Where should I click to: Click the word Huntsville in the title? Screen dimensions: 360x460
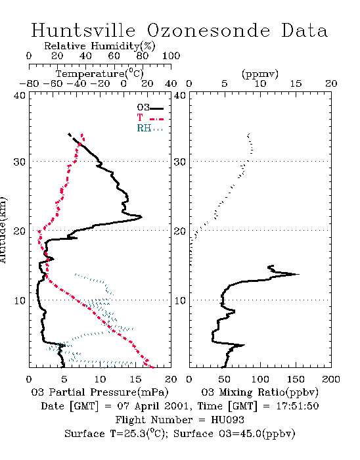coord(83,30)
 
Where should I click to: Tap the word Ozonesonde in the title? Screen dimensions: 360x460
coord(208,30)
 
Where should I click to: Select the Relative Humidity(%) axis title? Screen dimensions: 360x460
coord(100,46)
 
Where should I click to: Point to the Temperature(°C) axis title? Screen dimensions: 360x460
coord(100,74)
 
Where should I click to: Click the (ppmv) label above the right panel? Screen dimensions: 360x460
coord(260,74)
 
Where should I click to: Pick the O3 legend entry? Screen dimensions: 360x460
coord(150,108)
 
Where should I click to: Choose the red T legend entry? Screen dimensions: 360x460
coord(150,118)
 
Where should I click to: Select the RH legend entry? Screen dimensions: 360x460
coord(150,128)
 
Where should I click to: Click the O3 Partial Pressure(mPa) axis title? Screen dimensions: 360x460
coord(100,392)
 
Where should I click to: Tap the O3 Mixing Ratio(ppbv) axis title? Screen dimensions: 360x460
coord(259,392)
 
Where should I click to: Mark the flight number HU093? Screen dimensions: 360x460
coord(228,420)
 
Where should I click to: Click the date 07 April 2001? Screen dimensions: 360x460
coord(152,406)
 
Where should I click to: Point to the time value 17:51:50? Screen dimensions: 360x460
coord(298,406)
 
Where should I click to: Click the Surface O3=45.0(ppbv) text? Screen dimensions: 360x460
coord(235,434)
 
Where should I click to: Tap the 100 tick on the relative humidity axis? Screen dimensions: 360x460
coord(171,56)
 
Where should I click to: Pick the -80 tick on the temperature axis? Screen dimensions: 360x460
coord(29,84)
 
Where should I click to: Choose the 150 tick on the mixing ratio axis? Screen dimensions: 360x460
coord(296,379)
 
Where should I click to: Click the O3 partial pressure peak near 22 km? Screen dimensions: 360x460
coord(142,217)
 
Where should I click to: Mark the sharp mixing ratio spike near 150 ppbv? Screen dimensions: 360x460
coord(298,274)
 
